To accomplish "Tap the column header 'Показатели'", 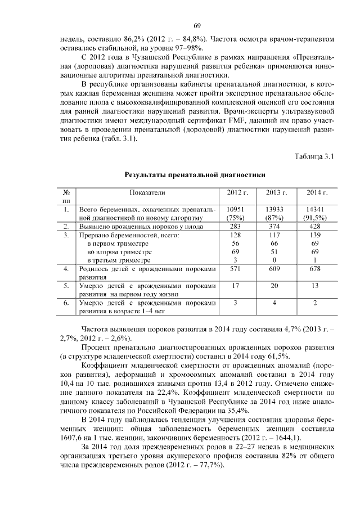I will click(147, 192).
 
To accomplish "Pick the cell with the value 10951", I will click(236, 209).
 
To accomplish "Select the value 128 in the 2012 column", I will click(236, 235).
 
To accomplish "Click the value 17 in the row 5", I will click(236, 286).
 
